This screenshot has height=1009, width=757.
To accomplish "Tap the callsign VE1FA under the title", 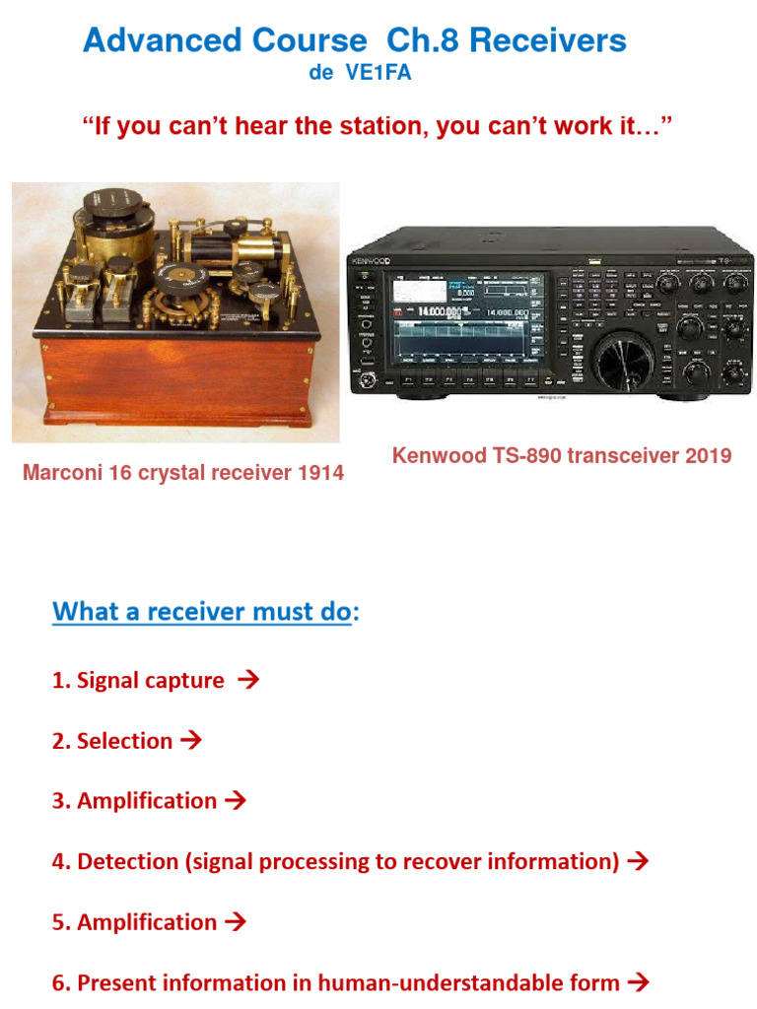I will [x=378, y=74].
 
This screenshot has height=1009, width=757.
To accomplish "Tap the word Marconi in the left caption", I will [x=62, y=473].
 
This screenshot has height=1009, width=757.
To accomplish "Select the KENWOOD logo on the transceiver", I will [x=370, y=261].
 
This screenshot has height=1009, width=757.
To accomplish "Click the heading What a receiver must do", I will [x=201, y=612].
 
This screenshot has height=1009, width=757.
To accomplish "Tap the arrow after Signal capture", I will [x=249, y=680].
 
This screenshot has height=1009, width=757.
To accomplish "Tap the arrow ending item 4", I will [x=638, y=861].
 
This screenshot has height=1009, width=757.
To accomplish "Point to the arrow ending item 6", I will [x=638, y=981].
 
